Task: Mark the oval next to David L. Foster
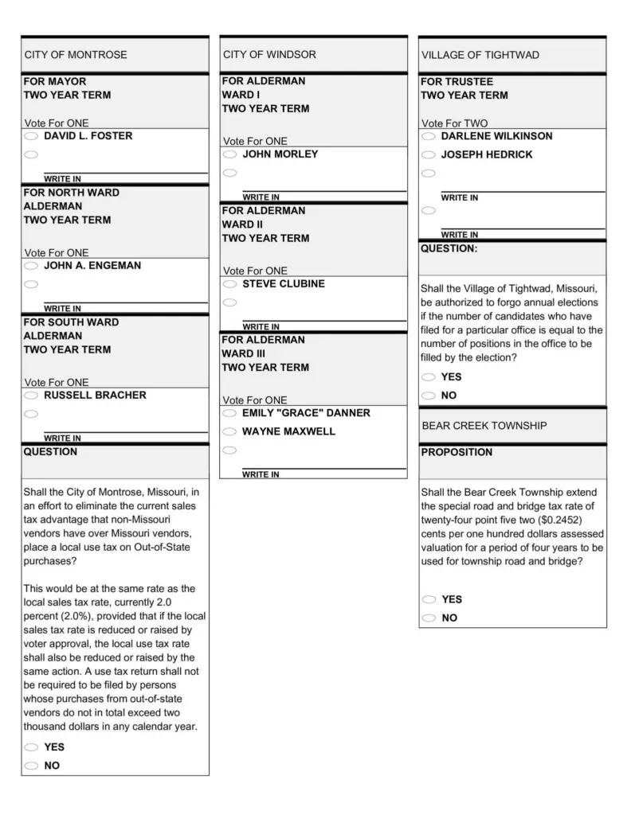click(31, 137)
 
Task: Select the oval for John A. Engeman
click(31, 266)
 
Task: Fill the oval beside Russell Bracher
click(31, 396)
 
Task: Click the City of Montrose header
click(76, 55)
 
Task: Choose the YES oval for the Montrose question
click(31, 747)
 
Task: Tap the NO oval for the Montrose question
click(31, 766)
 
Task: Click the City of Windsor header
click(269, 55)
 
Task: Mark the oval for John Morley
click(229, 154)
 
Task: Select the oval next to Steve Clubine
click(229, 284)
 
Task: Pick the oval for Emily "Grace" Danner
click(229, 414)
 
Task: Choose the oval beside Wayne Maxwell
click(229, 432)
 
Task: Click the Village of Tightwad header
click(480, 55)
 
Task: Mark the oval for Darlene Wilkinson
click(429, 137)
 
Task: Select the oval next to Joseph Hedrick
click(429, 155)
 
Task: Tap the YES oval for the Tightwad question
click(429, 377)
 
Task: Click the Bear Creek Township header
click(484, 426)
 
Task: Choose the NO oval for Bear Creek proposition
click(429, 618)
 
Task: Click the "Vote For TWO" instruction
click(454, 123)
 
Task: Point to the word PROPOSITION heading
click(457, 452)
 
